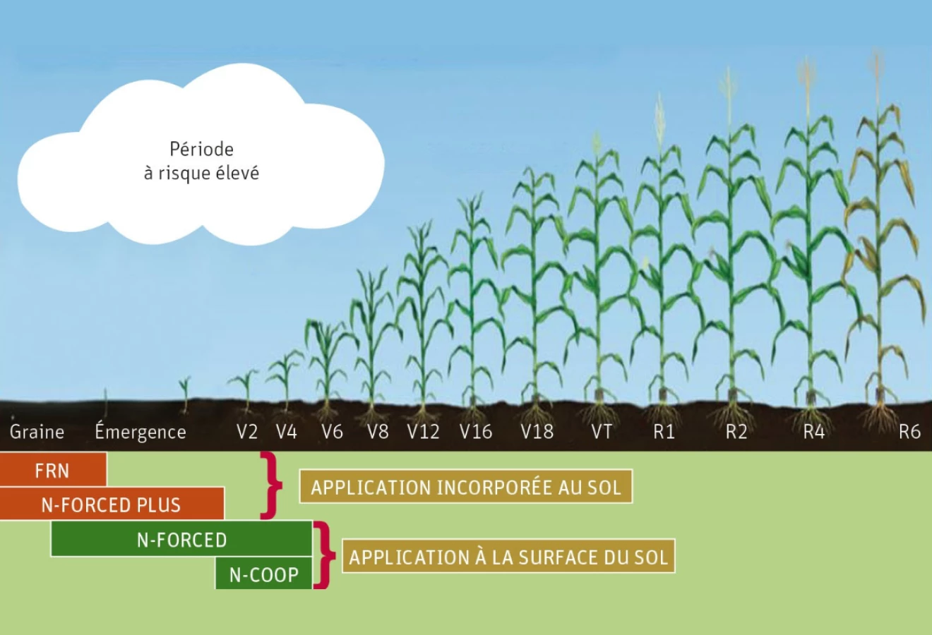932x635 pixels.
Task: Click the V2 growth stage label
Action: pos(247,432)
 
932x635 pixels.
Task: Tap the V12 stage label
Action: pos(423,432)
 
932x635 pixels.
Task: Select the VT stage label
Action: pos(602,432)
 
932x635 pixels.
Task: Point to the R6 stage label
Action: pos(909,432)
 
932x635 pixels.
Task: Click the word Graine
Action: pos(37,432)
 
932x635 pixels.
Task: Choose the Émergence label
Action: pos(141,431)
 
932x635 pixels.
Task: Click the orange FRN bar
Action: pos(53,469)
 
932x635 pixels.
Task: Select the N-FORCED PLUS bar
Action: pos(112,504)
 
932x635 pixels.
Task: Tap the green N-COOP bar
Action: pos(264,574)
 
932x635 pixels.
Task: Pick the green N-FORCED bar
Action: pos(181,539)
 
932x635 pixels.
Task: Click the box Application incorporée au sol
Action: pos(466,487)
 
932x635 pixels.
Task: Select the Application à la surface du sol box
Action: pos(508,556)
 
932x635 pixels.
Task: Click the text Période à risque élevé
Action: pos(201,161)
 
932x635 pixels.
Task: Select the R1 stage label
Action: pos(664,432)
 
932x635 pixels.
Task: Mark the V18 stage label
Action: pos(537,432)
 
